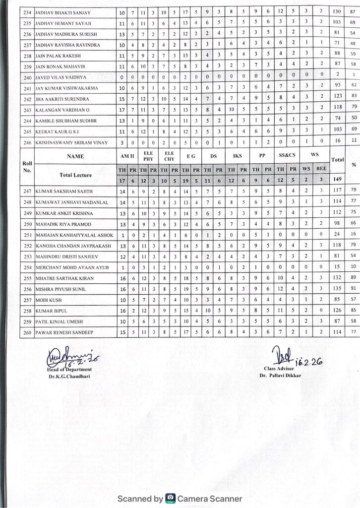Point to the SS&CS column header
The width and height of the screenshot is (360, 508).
[286, 156]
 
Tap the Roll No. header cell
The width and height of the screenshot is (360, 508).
[27, 166]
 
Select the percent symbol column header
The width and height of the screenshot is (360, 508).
[353, 164]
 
